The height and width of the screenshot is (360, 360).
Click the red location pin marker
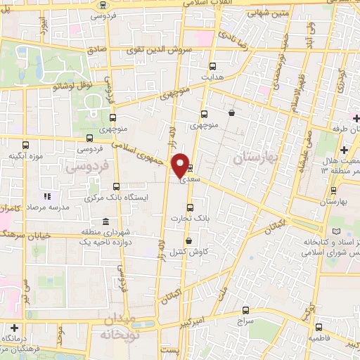pyautogui.click(x=180, y=165)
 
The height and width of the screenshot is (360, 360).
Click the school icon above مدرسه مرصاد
pyautogui.click(x=48, y=196)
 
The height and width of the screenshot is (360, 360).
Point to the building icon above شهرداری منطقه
pyautogui.click(x=105, y=220)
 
